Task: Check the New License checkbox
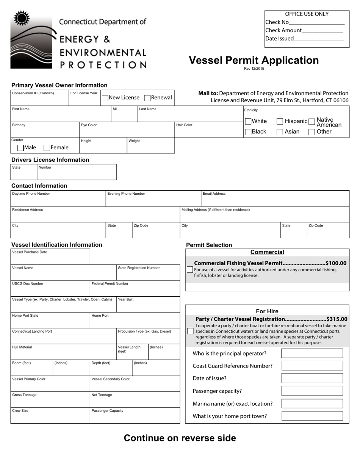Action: coord(105,98)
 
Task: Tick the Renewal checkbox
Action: coord(147,98)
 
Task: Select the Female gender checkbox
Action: coord(47,148)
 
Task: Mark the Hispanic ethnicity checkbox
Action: coord(280,121)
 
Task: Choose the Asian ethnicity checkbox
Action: coord(280,132)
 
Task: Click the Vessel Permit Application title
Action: coord(254,60)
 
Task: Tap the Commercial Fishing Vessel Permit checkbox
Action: coord(190,270)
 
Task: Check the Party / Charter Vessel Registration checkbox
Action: coord(190,332)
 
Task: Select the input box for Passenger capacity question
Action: coord(312,391)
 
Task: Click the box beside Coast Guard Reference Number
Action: coord(312,366)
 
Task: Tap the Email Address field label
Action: coord(214,194)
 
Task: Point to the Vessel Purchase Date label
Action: coord(30,252)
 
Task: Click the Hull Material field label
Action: coord(22,347)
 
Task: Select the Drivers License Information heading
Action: coord(50,160)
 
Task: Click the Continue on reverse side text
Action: coord(180,438)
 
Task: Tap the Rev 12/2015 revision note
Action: coord(254,69)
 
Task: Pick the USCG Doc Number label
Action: coord(28,283)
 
